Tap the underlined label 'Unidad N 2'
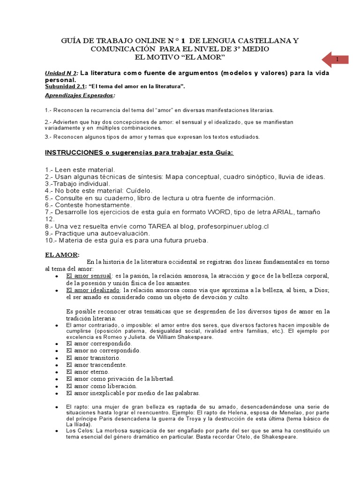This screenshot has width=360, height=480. click(x=60, y=74)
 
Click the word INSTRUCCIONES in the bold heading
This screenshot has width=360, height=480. click(x=74, y=153)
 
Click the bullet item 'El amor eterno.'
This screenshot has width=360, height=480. click(x=88, y=371)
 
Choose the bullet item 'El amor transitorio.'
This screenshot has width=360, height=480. click(x=94, y=357)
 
